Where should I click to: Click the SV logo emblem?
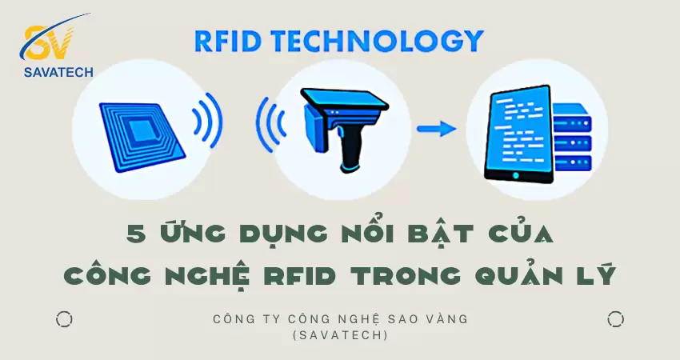tap(49, 42)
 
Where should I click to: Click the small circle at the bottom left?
tap(64, 320)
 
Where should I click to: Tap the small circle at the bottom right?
tap(615, 320)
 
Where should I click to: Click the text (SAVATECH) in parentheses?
tap(341, 335)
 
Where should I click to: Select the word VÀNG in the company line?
tap(443, 319)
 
